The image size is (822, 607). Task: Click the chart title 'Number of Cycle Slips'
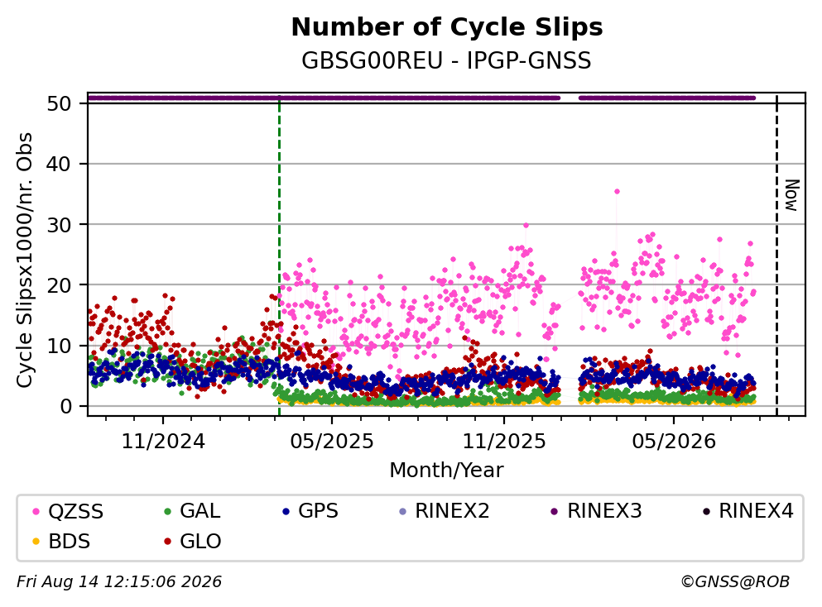447,27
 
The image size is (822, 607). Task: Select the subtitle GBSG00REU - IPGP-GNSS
446,60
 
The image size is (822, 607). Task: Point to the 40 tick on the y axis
59,164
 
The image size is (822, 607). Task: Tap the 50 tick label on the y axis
59,103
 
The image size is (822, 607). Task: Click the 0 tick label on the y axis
65,406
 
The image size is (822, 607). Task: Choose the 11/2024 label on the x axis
163,442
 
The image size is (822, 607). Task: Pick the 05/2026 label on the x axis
674,442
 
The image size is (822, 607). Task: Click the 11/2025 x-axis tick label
504,442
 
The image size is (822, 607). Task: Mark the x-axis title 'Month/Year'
446,470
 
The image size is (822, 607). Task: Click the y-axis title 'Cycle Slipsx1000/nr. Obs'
25,260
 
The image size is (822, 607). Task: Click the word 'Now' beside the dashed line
791,195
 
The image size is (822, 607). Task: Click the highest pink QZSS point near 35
617,192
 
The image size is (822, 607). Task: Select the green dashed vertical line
280,256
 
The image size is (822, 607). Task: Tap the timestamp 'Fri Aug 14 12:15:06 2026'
119,581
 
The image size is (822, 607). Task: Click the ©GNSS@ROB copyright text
735,581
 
